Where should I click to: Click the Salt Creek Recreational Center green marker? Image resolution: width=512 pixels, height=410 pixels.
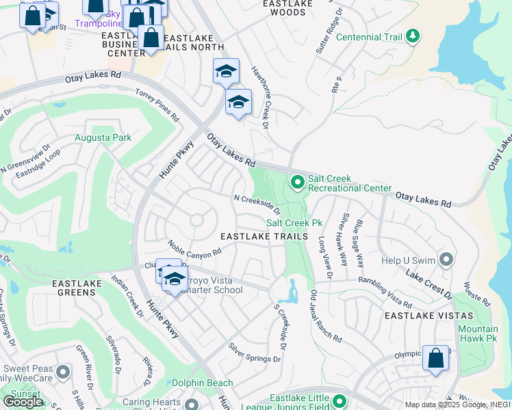click(297, 182)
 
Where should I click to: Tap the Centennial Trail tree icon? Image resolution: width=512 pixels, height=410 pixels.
click(412, 35)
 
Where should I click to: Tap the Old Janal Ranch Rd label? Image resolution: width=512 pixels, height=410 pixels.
click(325, 316)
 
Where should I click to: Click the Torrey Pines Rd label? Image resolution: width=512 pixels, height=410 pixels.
click(157, 105)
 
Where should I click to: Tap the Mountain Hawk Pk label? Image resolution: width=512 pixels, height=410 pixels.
click(478, 334)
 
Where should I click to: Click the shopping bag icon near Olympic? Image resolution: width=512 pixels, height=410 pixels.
click(435, 358)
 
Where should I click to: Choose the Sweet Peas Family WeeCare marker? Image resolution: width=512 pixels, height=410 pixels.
click(63, 372)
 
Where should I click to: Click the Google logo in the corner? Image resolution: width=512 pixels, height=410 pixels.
click(22, 401)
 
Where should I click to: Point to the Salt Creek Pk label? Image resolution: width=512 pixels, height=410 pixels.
click(294, 223)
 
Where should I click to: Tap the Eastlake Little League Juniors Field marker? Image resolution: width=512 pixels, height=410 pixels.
click(337, 402)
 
